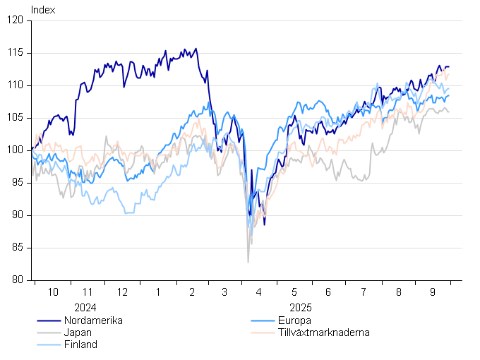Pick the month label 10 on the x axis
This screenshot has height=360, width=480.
click(x=52, y=292)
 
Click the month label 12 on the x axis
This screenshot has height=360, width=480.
click(x=122, y=292)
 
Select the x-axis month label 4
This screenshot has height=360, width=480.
click(x=259, y=292)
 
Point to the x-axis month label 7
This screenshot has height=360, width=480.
click(x=364, y=292)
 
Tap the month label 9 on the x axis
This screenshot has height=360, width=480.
click(x=433, y=292)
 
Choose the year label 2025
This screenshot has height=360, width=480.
click(x=300, y=308)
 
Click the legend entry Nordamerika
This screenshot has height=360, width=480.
click(x=93, y=320)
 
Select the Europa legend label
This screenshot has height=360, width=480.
click(x=295, y=320)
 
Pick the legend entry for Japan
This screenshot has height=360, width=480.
click(x=77, y=332)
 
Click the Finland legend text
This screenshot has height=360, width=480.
click(x=80, y=344)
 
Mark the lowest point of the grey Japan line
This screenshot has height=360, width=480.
click(x=248, y=263)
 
